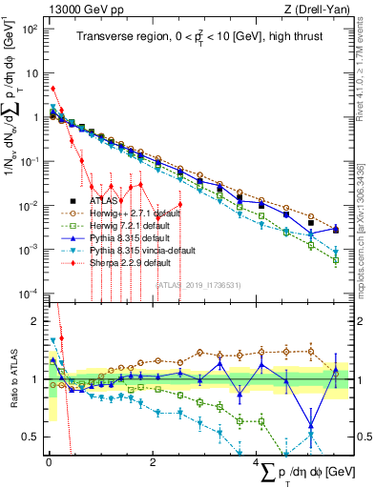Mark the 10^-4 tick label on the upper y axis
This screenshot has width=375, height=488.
(x=31, y=293)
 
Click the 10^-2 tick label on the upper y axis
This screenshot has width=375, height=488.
(x=31, y=205)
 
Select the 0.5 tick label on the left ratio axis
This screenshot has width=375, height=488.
(x=31, y=437)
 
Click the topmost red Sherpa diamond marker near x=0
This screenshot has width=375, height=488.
(x=52, y=89)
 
